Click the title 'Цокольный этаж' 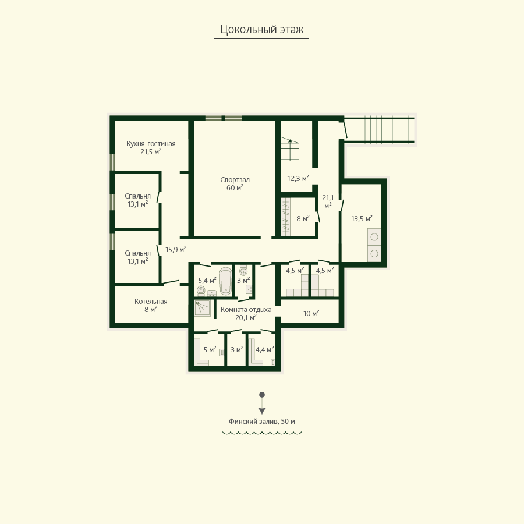[261, 30]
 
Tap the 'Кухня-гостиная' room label [151, 144]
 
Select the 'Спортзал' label [235, 180]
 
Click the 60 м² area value [235, 188]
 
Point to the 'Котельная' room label [151, 302]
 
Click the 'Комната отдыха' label [246, 310]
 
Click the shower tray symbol [203, 308]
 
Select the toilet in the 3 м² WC [243, 270]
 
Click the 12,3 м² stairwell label [298, 179]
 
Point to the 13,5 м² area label [362, 219]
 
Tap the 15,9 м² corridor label [176, 249]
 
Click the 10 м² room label [311, 313]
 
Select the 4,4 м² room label [265, 349]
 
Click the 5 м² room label [210, 349]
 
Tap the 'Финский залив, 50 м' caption [261, 422]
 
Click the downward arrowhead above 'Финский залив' [262, 411]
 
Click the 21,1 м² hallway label [328, 202]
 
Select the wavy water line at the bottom [262, 433]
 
